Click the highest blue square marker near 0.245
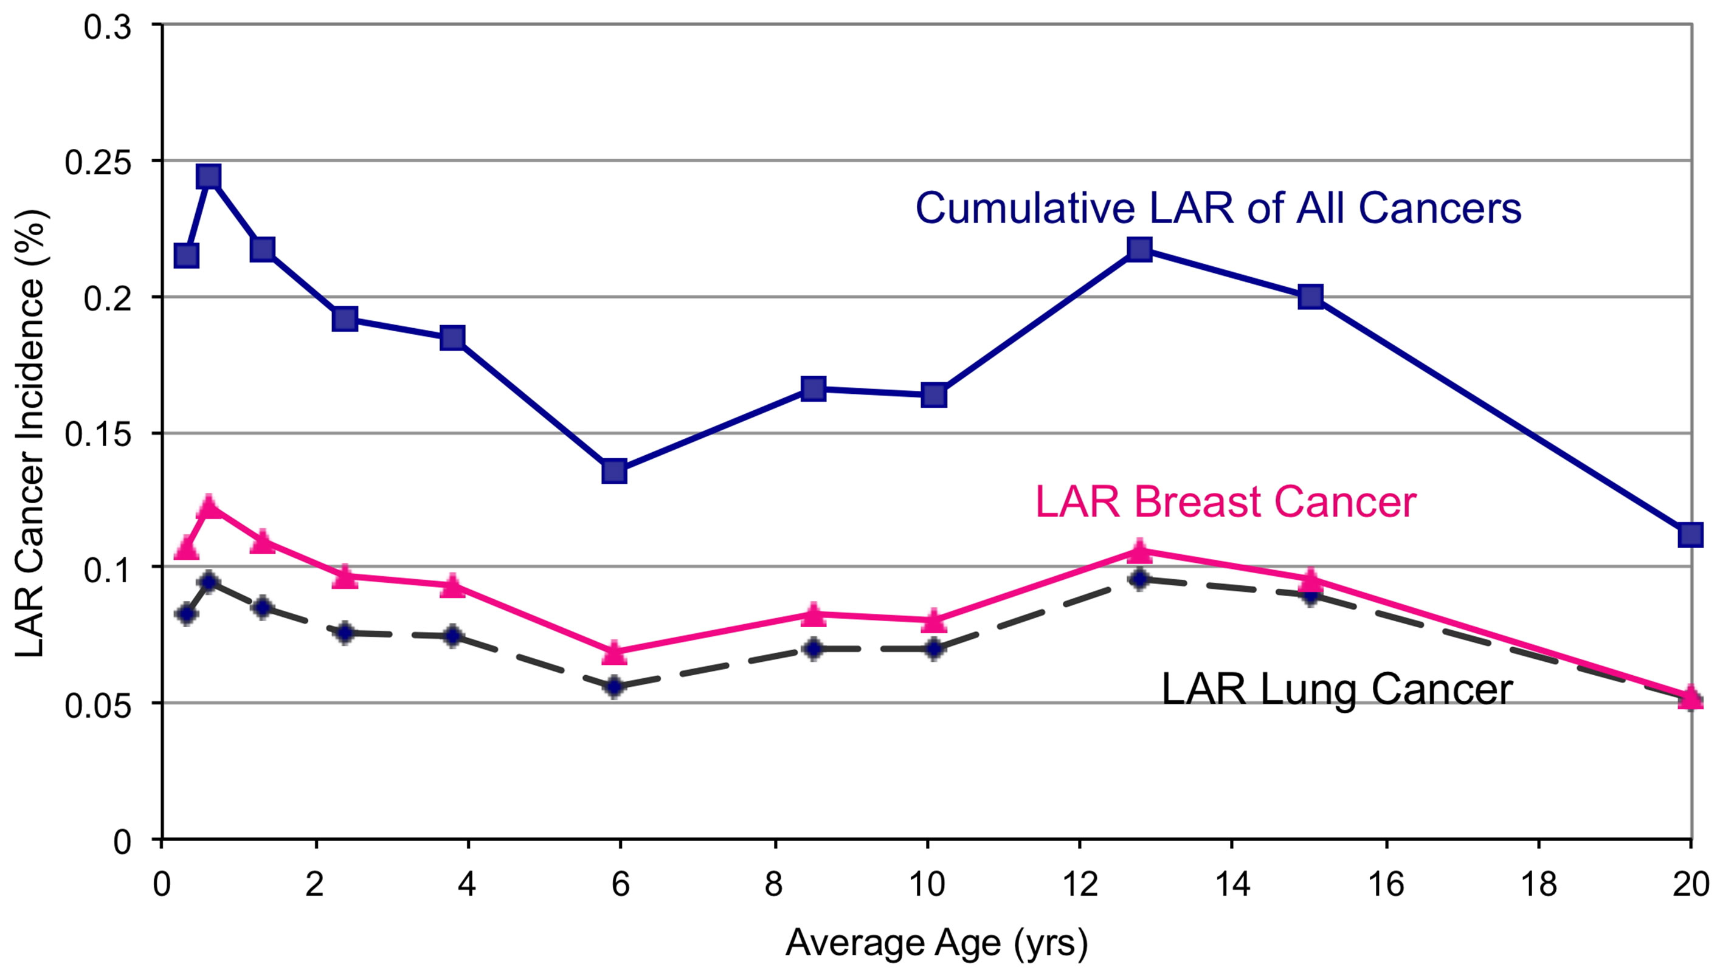coord(209,177)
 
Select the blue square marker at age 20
coord(1690,535)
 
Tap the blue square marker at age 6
coord(614,471)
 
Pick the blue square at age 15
coord(1311,296)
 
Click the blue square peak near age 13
coord(1139,249)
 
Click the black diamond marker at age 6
coord(614,686)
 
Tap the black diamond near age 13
coord(1139,579)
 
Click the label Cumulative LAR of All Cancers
coord(1218,208)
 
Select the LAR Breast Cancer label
coord(1225,502)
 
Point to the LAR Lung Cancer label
coord(1337,689)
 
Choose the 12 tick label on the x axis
coord(1079,885)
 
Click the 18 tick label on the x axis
coord(1538,885)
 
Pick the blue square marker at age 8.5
coord(813,388)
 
